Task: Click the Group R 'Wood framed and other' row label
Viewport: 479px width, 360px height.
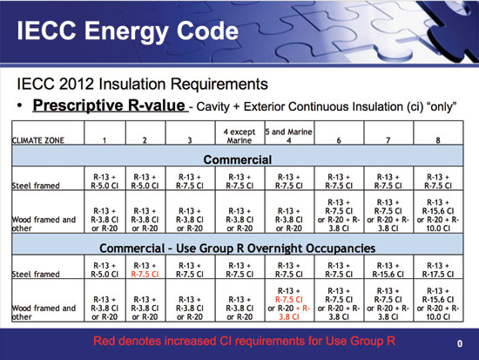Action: [40, 311]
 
